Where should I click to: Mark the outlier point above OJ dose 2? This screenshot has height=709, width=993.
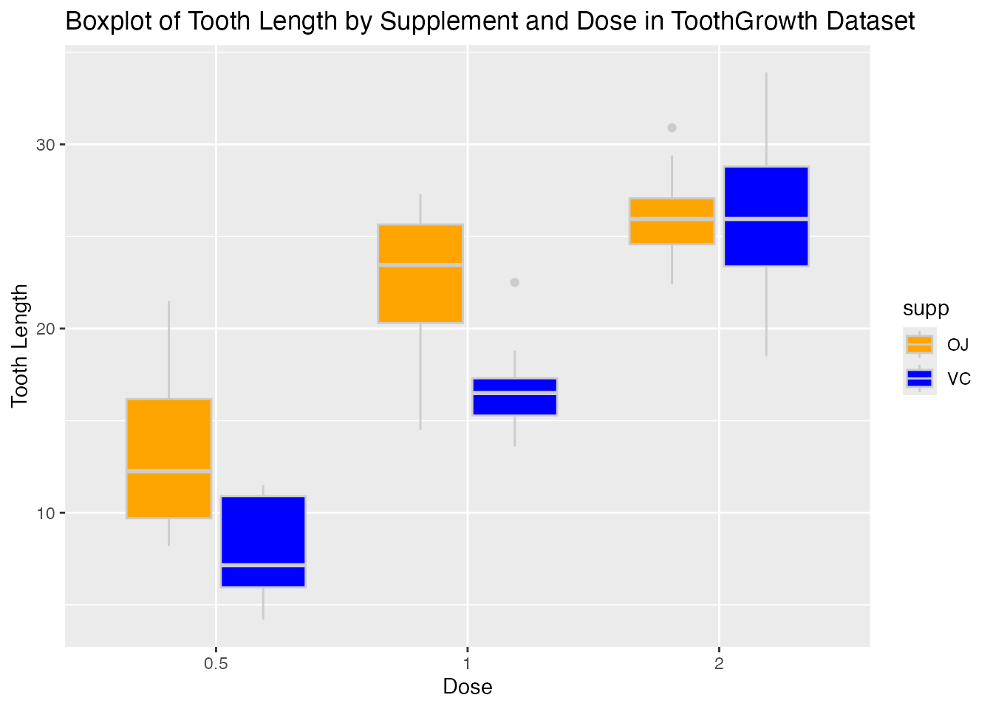[x=672, y=128]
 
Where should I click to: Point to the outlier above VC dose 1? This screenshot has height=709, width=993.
[x=515, y=283]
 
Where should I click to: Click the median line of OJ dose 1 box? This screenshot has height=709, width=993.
[x=420, y=264]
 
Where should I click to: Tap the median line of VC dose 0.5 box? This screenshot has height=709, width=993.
[x=263, y=565]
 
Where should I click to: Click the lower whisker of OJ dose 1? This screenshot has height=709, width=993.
[x=420, y=377]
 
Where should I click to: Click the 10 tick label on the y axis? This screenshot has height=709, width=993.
[x=46, y=513]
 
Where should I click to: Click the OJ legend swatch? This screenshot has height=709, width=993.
[x=919, y=344]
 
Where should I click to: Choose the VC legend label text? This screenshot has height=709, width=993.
[x=959, y=380]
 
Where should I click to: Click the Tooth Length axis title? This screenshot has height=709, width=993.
[x=21, y=346]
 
